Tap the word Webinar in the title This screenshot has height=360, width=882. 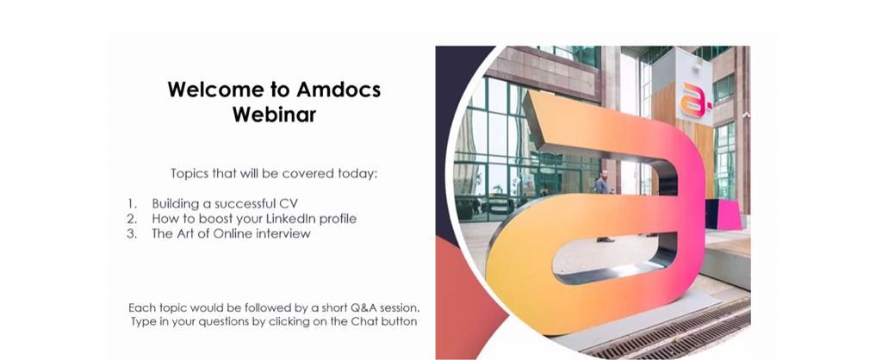(x=275, y=115)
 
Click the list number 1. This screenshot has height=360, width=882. (x=132, y=203)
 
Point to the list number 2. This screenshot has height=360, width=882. (x=132, y=218)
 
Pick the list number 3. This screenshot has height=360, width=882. (x=132, y=233)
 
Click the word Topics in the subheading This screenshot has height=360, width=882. (x=189, y=173)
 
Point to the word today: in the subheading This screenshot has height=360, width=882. (x=357, y=173)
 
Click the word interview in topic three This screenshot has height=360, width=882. (x=283, y=233)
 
